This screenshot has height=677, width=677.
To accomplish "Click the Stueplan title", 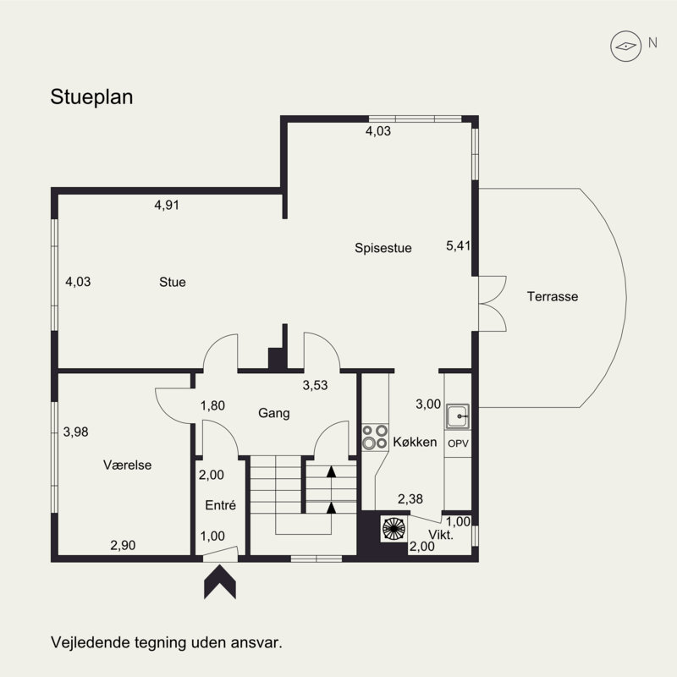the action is (x=91, y=97).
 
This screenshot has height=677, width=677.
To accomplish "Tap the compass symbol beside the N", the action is (x=625, y=47).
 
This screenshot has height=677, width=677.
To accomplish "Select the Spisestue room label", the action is (x=383, y=248).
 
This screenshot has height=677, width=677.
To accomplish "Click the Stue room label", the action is (x=173, y=283).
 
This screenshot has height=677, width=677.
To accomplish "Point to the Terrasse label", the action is (x=553, y=297).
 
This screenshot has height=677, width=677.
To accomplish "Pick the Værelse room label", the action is (x=128, y=465).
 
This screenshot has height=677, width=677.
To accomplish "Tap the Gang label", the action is (x=273, y=413).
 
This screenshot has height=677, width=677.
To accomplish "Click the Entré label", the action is (x=220, y=505).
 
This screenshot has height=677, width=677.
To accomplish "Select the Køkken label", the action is (x=415, y=442).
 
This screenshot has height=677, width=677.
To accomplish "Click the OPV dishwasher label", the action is (x=458, y=443).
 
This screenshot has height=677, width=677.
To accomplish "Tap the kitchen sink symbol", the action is (x=457, y=416).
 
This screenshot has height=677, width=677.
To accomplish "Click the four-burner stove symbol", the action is (x=375, y=437).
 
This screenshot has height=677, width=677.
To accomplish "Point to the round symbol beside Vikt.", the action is (x=394, y=528).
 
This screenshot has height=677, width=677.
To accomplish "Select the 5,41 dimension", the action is (x=458, y=245).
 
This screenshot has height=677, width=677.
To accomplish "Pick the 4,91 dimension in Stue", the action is (x=167, y=205).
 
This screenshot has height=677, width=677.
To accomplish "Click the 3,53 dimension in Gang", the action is (x=315, y=385).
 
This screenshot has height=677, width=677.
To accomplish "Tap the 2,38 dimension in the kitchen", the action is (x=410, y=499).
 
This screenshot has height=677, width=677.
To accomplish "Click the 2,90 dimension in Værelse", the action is (x=123, y=545).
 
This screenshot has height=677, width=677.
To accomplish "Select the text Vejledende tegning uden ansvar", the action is (x=167, y=642).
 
